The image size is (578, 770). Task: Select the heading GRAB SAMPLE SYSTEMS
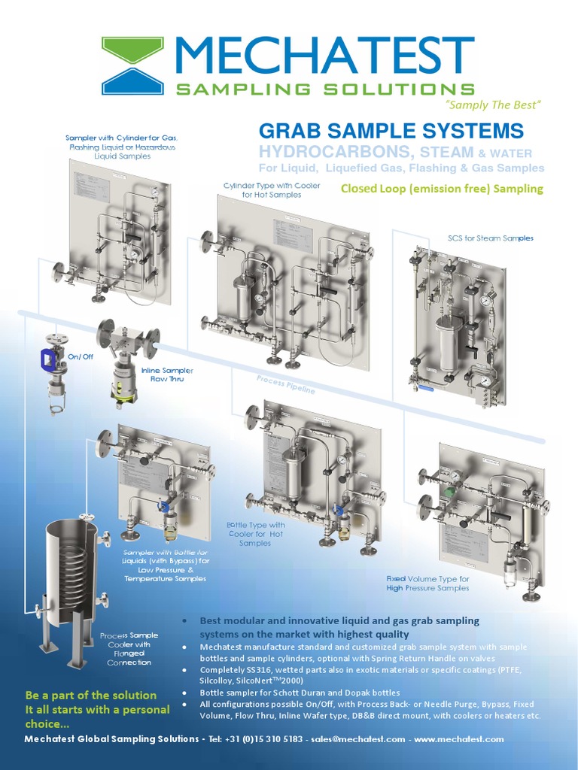(391, 130)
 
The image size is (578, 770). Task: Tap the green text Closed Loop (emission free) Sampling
(442, 189)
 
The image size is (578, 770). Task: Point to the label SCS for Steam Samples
(490, 238)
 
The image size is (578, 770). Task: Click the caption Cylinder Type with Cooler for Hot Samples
(272, 190)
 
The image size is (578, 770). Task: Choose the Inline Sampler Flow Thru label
(167, 374)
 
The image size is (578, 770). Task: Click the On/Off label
(81, 356)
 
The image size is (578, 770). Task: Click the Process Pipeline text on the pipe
(286, 384)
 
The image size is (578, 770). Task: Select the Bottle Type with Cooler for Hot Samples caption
(255, 534)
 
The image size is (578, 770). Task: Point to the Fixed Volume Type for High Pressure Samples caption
(427, 584)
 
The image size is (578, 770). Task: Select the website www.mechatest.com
(458, 739)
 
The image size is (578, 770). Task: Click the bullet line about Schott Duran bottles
(300, 693)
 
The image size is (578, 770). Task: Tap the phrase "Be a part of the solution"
(90, 696)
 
